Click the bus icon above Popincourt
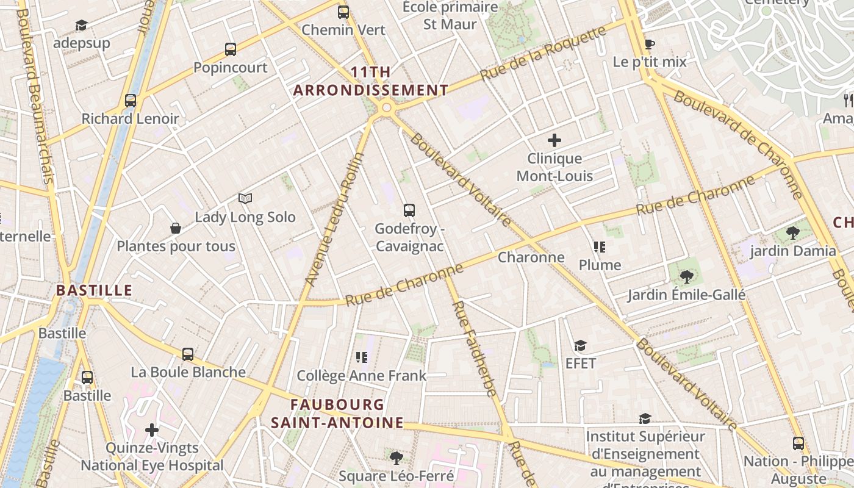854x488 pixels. click(x=230, y=49)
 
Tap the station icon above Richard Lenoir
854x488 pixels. click(x=130, y=101)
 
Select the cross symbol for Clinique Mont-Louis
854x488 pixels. click(x=554, y=141)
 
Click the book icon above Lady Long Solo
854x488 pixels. click(x=245, y=198)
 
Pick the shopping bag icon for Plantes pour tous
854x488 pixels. click(x=176, y=228)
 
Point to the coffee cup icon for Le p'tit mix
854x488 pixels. click(x=649, y=44)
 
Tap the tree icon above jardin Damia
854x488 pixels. click(x=792, y=232)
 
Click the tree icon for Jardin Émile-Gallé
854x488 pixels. click(x=686, y=277)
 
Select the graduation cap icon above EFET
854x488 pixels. click(x=580, y=346)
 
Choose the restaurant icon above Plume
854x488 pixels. click(x=600, y=247)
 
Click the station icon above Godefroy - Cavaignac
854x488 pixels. click(x=409, y=210)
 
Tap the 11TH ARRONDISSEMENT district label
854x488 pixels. click(x=371, y=81)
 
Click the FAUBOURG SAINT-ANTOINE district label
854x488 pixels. click(x=337, y=414)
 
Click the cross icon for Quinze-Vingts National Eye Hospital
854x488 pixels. click(x=152, y=431)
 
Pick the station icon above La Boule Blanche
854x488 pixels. click(x=188, y=354)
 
